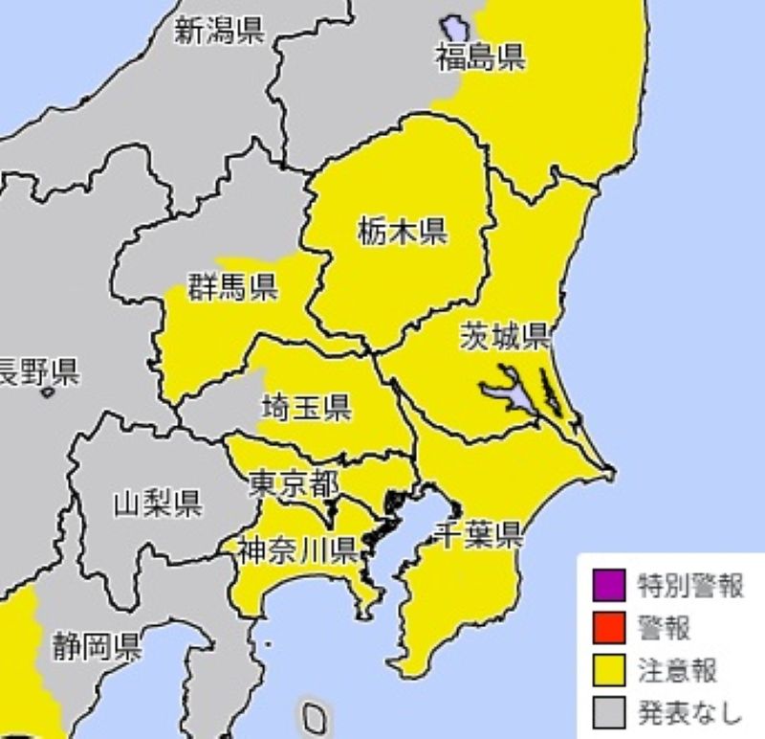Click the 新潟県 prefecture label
[219, 33]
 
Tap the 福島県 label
[480, 57]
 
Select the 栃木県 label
[403, 231]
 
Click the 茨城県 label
[504, 336]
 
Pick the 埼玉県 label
[306, 409]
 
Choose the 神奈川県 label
[297, 549]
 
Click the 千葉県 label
[479, 534]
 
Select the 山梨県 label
[157, 503]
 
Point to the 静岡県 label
[97, 646]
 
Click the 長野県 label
[38, 371]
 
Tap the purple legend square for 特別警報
[609, 584]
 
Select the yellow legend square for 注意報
[609, 669]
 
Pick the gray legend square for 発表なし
[609, 711]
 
